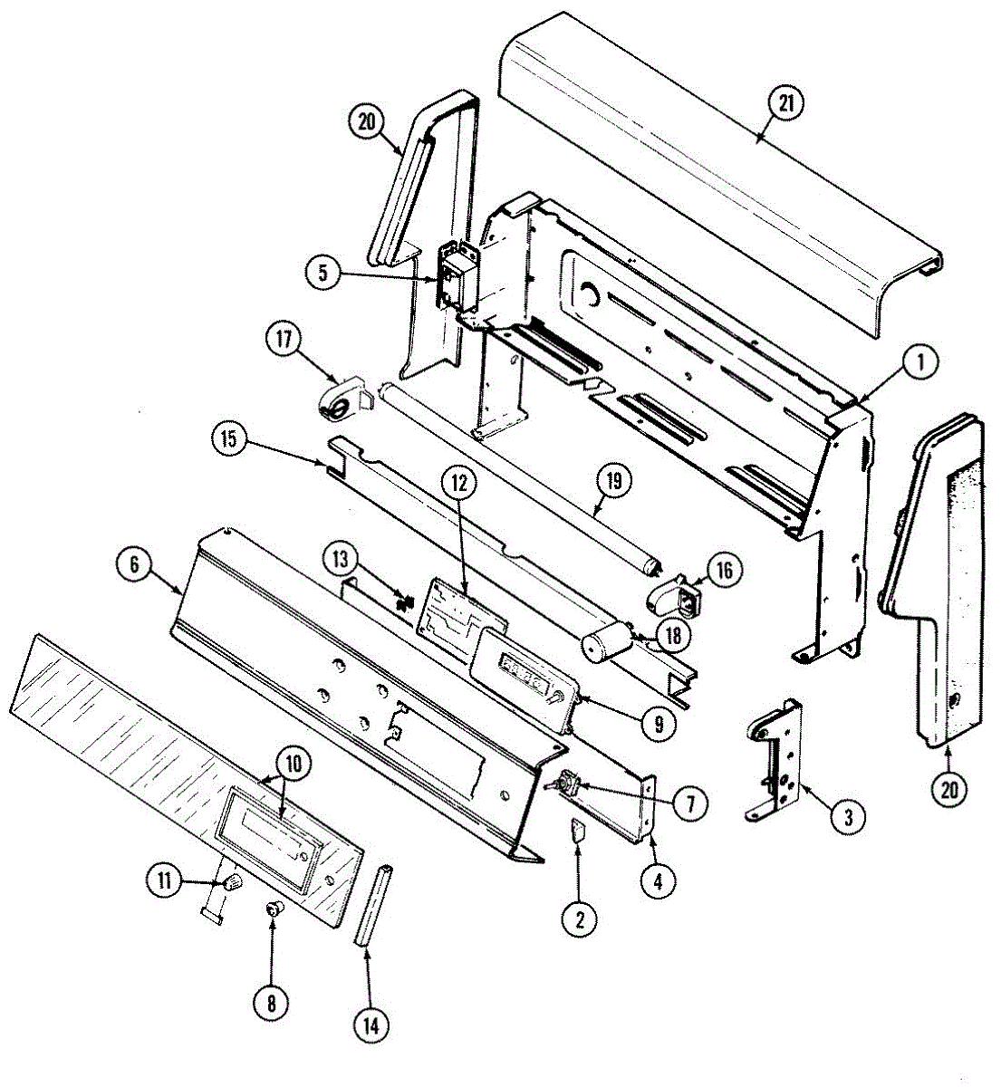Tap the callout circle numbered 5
[324, 271]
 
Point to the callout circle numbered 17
[284, 341]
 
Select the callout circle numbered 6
[135, 563]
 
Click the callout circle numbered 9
[659, 724]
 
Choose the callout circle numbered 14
[371, 1025]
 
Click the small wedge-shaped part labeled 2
[578, 832]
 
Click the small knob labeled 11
[234, 881]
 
